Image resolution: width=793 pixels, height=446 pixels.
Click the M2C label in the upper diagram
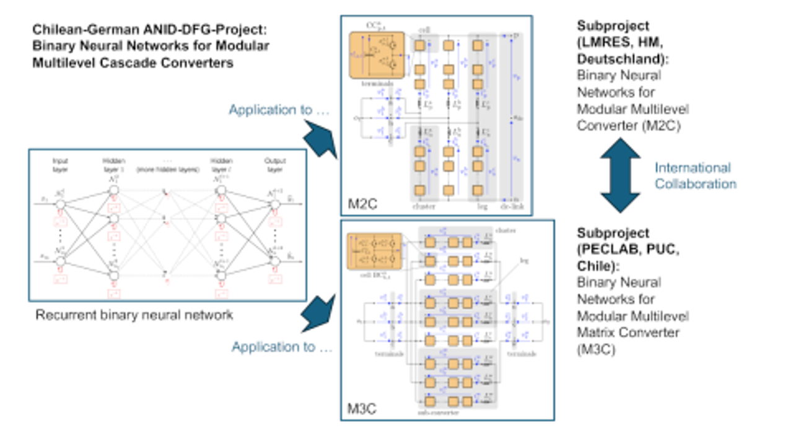click(363, 205)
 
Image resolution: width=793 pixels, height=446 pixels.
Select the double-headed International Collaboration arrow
click(620, 175)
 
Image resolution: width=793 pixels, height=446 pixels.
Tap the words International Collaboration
click(695, 175)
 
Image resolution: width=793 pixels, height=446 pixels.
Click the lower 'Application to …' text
click(282, 347)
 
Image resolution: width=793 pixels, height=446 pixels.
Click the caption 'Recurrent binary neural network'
click(134, 315)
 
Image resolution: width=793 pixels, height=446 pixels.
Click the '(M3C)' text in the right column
click(596, 349)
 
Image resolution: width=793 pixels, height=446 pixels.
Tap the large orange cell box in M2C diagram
click(377, 55)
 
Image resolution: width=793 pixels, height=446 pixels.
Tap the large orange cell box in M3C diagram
click(374, 248)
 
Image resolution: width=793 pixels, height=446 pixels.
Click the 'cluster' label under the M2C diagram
click(424, 206)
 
